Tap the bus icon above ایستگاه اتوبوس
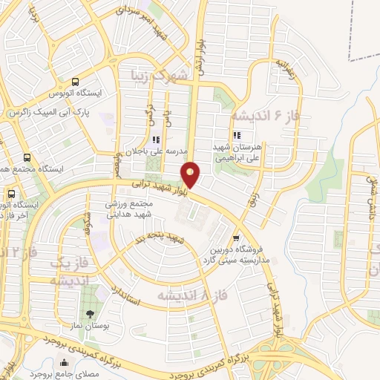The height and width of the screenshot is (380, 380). [x=75, y=82]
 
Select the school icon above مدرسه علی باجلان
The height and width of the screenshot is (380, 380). [x=155, y=140]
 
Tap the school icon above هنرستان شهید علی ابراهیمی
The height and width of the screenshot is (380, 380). [x=237, y=136]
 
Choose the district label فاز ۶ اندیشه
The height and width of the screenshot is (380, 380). [x=262, y=116]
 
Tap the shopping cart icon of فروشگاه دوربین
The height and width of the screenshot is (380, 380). [x=235, y=239]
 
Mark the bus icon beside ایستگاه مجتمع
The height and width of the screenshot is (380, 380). [x=27, y=158]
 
